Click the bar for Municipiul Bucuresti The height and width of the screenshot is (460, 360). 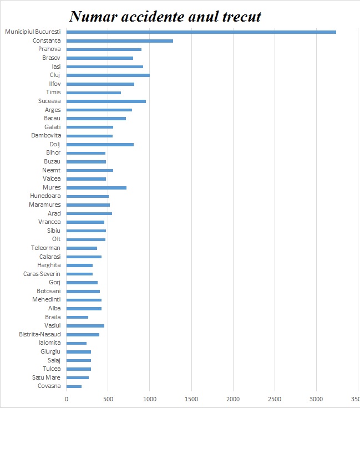click(x=201, y=32)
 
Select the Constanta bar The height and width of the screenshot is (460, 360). click(x=119, y=40)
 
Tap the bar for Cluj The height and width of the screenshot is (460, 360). click(x=108, y=75)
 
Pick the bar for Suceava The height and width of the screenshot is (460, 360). click(x=106, y=101)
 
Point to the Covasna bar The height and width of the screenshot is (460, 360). click(x=74, y=386)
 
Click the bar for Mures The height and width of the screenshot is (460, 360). click(x=96, y=188)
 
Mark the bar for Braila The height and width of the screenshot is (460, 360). click(x=77, y=317)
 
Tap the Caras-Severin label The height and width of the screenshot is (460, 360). click(x=42, y=274)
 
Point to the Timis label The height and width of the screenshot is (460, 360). click(x=53, y=93)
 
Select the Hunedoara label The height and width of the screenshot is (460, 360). click(x=45, y=196)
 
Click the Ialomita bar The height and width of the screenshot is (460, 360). click(x=77, y=343)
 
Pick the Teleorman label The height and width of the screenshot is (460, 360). click(x=45, y=248)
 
